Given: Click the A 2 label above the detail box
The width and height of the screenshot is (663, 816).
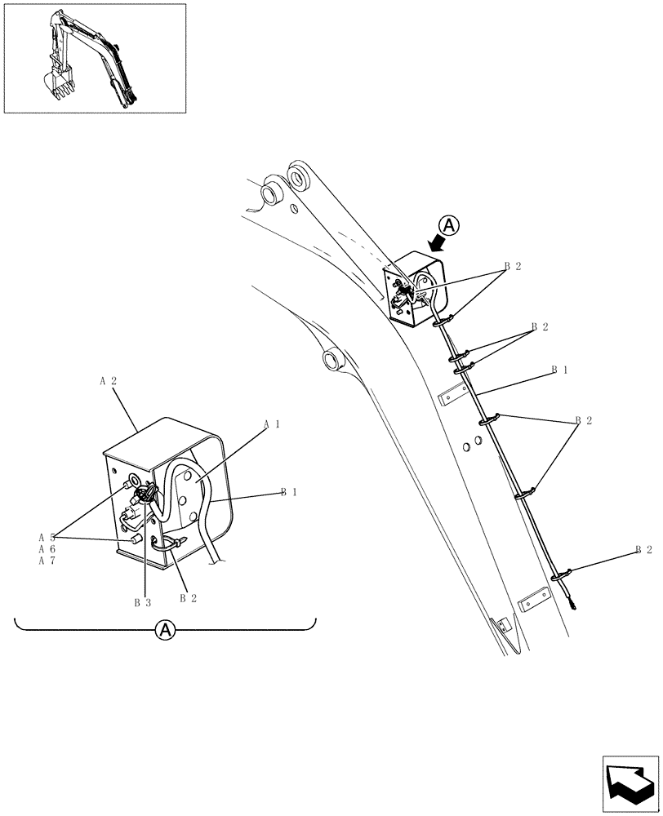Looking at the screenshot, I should pos(109,382).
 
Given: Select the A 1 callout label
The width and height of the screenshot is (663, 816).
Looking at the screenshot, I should pos(272,425).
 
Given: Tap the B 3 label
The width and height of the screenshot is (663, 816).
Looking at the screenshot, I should pos(143,603).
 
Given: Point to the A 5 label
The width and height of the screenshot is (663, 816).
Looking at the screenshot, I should pos(46,538).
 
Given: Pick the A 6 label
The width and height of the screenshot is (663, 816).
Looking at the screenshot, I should pos(46,549).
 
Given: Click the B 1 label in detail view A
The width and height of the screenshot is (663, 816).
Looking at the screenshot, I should pos(289,492).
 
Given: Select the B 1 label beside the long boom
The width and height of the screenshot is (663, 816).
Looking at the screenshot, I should pos(559,370).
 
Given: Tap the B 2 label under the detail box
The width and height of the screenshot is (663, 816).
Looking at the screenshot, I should pos(188,598).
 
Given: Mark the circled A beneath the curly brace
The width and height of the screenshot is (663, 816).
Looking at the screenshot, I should pos(165,630).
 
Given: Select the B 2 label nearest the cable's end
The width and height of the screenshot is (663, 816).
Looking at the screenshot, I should pos(643,551).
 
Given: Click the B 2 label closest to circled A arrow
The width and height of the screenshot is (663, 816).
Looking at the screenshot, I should pos(512,266).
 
